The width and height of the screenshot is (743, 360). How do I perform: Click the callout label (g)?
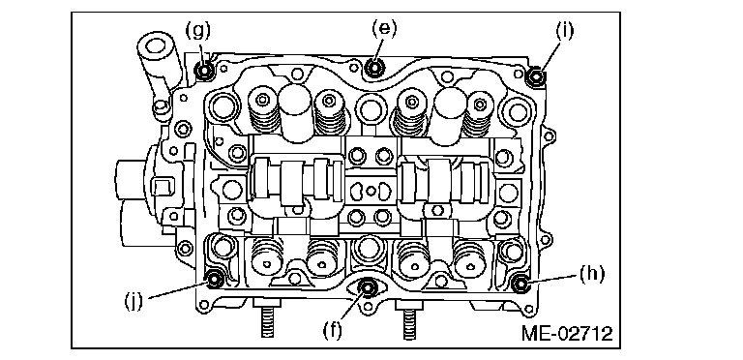(x=197, y=30)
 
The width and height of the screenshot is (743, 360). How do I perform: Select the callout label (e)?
(x=383, y=28)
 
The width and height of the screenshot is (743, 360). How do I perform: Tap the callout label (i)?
(x=564, y=30)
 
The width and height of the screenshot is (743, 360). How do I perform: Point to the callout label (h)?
(x=592, y=275)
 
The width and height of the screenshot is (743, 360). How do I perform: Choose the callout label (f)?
(x=332, y=330)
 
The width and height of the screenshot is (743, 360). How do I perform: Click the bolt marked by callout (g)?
(x=205, y=72)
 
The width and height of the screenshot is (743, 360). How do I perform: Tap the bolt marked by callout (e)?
(x=374, y=67)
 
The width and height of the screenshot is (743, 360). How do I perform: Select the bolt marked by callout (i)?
(x=536, y=75)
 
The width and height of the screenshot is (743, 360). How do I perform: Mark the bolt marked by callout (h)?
(x=520, y=284)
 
